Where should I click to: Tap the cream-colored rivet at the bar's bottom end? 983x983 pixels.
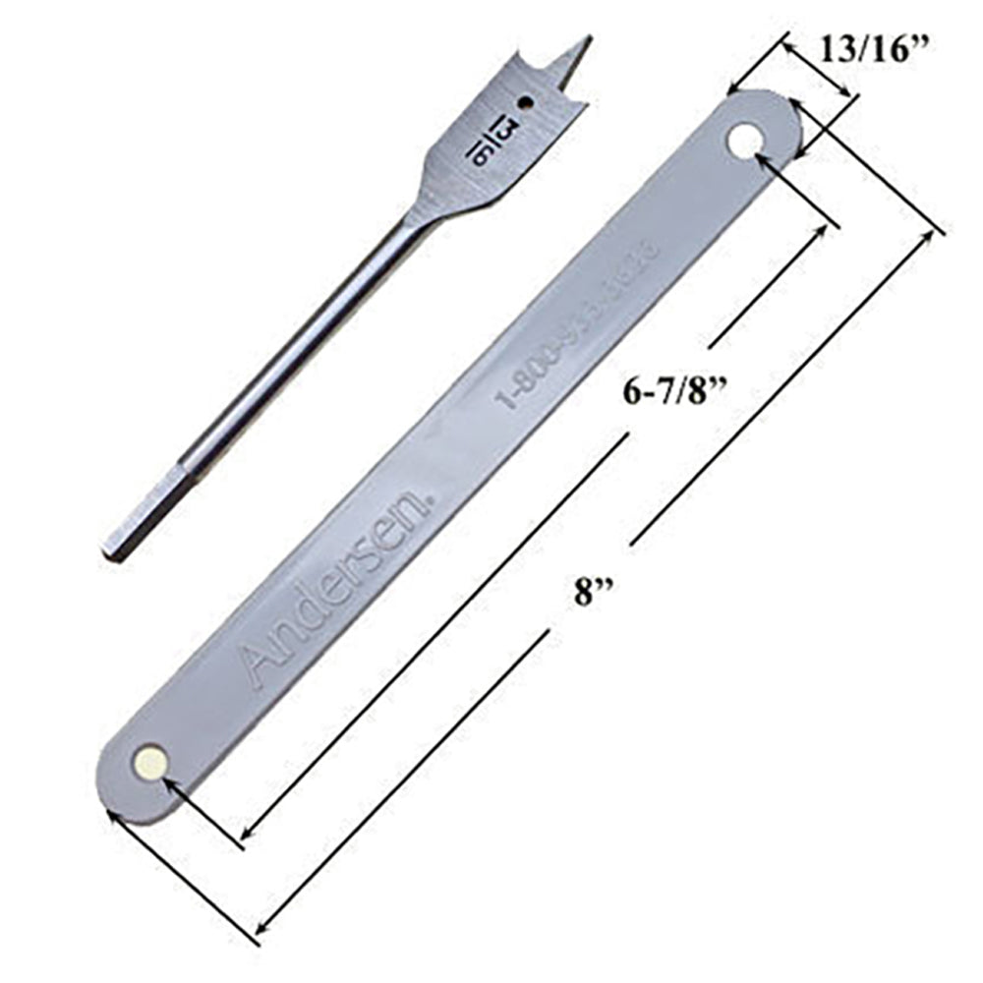(150, 761)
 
